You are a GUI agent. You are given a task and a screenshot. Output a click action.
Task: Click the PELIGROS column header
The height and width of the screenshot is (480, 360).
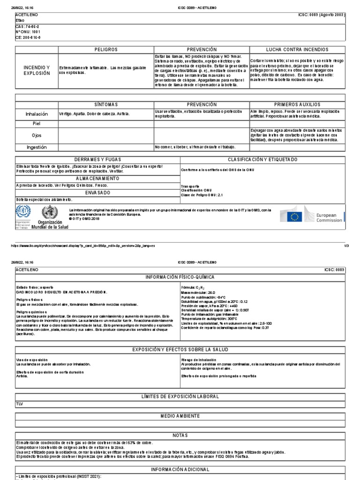106,49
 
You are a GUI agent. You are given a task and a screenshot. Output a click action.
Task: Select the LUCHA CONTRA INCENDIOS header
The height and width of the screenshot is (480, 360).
298,49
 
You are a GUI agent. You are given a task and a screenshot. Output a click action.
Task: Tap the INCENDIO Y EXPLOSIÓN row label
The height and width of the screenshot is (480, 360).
37,71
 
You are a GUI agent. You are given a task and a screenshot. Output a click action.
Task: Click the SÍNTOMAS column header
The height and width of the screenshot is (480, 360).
106,104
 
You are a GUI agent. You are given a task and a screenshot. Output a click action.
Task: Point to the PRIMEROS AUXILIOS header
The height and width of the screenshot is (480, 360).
298,104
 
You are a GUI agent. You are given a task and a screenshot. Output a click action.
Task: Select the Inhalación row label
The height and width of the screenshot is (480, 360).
37,114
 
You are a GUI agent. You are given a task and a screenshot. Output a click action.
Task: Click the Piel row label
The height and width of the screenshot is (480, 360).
37,123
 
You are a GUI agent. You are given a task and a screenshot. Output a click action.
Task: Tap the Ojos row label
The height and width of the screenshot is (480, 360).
37,135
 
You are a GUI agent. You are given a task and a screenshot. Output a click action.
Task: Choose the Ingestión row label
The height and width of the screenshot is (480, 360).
37,147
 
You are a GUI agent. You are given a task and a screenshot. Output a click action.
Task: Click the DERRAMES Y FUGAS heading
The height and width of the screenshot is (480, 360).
97,160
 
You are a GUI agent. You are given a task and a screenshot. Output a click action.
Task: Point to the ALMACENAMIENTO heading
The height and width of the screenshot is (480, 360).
97,179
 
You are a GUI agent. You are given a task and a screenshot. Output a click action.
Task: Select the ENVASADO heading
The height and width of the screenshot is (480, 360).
97,193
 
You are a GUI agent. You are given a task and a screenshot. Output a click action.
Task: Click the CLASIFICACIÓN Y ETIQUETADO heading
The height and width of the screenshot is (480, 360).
262,160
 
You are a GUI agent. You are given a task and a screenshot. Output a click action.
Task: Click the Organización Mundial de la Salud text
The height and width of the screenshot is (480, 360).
52,225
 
